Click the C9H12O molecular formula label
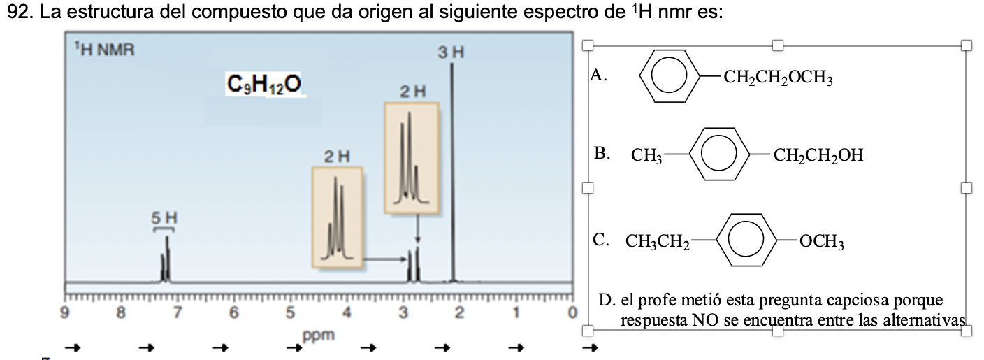[264, 85]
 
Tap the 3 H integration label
[451, 52]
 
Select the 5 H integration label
[164, 218]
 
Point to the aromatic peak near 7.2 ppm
[166, 259]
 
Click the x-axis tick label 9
[65, 312]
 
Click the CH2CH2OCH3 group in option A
[778, 77]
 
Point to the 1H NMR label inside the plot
[105, 50]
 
